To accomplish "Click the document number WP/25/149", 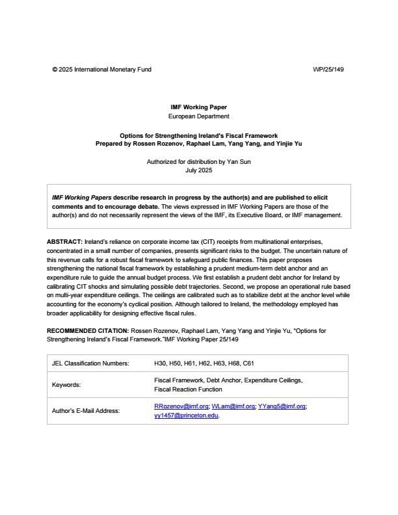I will click(328, 70).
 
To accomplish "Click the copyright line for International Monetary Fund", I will click(101, 70).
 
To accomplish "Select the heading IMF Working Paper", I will click(198, 107).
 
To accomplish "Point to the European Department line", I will click(198, 116).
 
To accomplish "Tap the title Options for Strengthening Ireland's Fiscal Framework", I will click(198, 136).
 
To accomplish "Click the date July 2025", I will click(198, 170).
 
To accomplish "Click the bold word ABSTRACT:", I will click(65, 242).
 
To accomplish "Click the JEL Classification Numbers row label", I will click(90, 363).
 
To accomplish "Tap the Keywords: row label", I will click(66, 385).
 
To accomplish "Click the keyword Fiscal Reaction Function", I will click(188, 390).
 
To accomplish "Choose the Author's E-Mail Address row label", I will click(85, 411).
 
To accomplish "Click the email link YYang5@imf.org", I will click(281, 406).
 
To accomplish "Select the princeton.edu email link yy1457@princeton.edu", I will click(186, 416).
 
